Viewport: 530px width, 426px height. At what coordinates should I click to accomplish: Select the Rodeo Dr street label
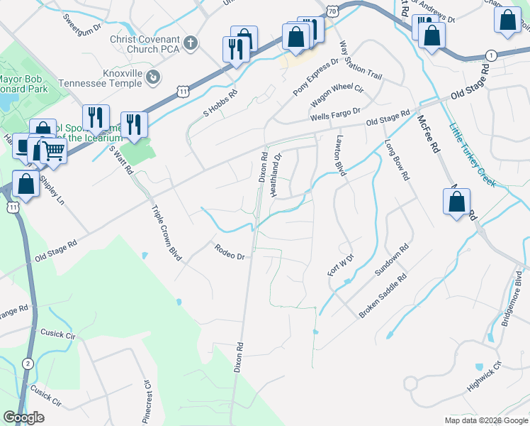(x=230, y=252)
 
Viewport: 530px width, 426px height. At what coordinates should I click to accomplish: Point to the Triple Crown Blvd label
(x=164, y=230)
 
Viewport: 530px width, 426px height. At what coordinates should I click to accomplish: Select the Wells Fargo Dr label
(x=335, y=114)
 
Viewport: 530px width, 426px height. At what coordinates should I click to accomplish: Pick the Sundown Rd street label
(x=392, y=261)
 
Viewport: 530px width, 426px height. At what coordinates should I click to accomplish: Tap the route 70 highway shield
(x=332, y=9)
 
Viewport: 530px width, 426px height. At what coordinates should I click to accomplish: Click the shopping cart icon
(x=53, y=150)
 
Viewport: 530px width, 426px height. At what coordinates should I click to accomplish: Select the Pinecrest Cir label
(x=147, y=401)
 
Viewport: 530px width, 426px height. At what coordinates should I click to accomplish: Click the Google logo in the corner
(x=23, y=417)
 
